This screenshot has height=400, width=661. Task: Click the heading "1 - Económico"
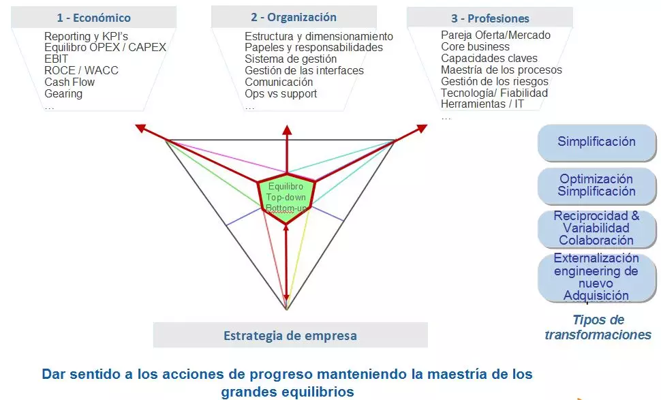[x=93, y=18]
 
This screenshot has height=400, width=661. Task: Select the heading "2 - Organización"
[x=294, y=17]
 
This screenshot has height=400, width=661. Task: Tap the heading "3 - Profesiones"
[x=490, y=18]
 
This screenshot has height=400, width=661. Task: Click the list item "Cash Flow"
[x=70, y=82]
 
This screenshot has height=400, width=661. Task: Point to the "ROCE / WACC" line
[x=81, y=70]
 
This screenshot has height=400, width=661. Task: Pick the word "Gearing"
[x=63, y=93]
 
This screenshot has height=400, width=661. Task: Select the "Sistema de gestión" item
[x=290, y=59]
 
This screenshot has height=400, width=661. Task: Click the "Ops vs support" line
[x=281, y=93]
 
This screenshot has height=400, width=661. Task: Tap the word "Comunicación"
[x=279, y=82]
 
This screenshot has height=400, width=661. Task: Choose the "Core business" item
[x=475, y=46]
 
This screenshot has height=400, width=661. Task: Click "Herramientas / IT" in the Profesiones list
[x=482, y=104]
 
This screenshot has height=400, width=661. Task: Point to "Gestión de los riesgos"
[x=495, y=81]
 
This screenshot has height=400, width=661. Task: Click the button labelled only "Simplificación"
[x=596, y=142]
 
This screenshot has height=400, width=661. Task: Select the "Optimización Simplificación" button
[x=596, y=185]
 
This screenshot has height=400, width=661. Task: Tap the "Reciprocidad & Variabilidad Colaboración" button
[x=596, y=228]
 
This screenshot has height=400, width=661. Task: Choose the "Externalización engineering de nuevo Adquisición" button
[x=596, y=277]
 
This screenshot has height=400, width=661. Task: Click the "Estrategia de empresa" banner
[x=290, y=335]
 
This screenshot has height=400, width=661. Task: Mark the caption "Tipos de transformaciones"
[x=598, y=327]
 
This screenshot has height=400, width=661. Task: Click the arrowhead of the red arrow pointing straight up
[x=287, y=130]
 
